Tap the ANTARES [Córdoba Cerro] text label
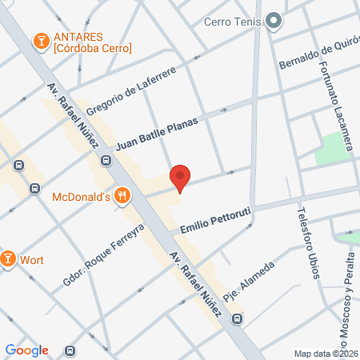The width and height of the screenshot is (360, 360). click(x=92, y=43)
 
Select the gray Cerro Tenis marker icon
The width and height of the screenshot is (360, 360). click(x=274, y=22)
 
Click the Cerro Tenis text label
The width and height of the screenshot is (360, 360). click(x=234, y=22)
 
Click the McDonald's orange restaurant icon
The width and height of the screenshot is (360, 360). click(x=122, y=194)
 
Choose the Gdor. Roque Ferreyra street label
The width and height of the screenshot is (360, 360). click(x=103, y=254)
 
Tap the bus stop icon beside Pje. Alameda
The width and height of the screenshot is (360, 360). click(x=237, y=319)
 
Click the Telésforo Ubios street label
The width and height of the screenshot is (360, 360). click(x=308, y=244)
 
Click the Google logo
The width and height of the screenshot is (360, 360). click(x=26, y=350)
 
